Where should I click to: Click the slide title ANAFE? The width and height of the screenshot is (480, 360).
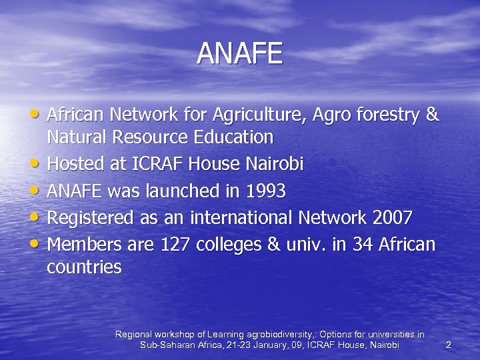[x=240, y=54]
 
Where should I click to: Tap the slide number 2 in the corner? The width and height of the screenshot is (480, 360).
[x=448, y=345]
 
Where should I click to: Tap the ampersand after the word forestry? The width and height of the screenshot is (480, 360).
[x=431, y=115]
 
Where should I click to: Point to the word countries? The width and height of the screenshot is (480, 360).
[x=84, y=268]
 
